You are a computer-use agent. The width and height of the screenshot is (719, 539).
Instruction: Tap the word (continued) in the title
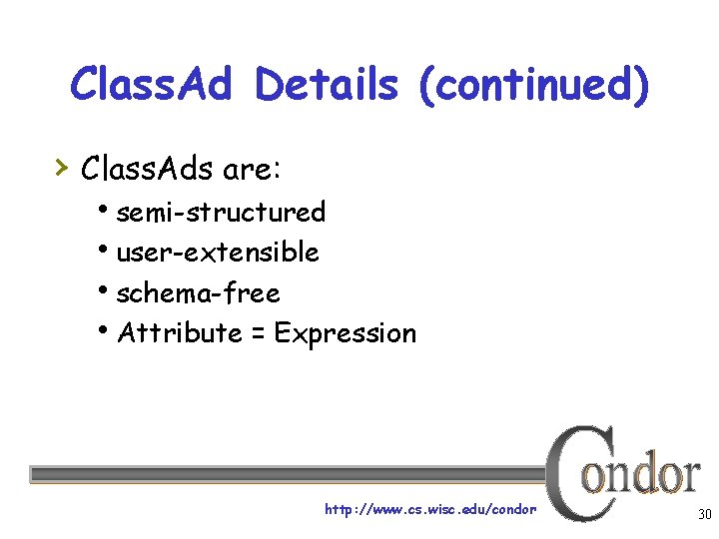pyautogui.click(x=533, y=86)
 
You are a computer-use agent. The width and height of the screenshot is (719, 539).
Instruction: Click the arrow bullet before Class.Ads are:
pyautogui.click(x=62, y=165)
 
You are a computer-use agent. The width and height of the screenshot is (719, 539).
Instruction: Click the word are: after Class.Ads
pyautogui.click(x=254, y=169)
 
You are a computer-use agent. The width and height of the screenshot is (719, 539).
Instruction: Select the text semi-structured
pyautogui.click(x=221, y=212)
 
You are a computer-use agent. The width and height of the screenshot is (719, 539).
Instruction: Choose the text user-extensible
pyautogui.click(x=218, y=253)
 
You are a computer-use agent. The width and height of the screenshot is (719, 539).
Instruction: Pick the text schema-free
pyautogui.click(x=198, y=293)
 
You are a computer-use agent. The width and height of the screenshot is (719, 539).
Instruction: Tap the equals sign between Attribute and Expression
pyautogui.click(x=257, y=333)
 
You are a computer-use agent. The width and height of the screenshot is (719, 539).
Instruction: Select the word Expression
pyautogui.click(x=345, y=333)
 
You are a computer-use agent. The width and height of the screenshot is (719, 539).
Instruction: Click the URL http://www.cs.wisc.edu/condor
pyautogui.click(x=430, y=510)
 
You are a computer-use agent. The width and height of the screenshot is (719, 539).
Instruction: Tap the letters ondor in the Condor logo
pyautogui.click(x=641, y=475)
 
